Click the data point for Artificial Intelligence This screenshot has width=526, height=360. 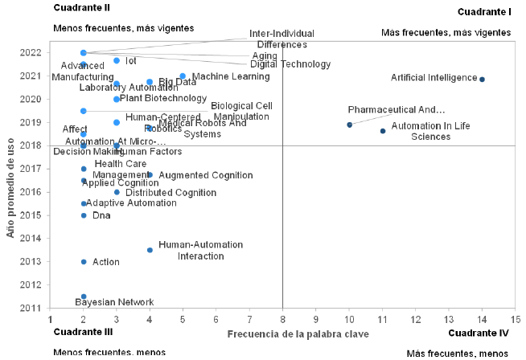pos(482,79)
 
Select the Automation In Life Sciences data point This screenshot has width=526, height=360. pos(383,130)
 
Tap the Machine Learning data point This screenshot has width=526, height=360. pos(183,76)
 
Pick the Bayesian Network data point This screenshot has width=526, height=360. pos(84,297)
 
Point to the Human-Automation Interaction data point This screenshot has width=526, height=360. pos(150,250)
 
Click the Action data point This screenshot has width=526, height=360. pos(84,262)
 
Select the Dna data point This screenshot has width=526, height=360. pos(84,215)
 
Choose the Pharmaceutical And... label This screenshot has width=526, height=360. pos(397,109)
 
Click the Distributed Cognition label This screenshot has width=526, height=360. pos(171,193)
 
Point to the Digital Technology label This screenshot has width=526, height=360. pos(290,64)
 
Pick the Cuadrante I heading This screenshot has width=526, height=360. pos(484,12)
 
